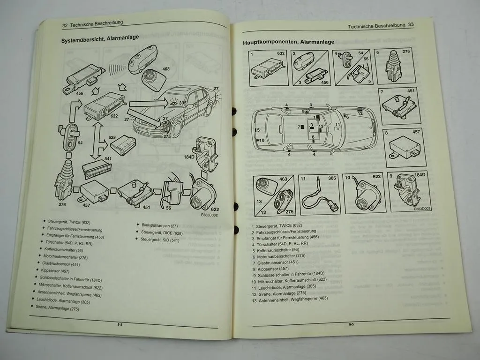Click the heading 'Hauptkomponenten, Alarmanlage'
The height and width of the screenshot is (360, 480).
click(288, 42)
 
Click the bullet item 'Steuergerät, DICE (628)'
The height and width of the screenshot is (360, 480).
click(162, 232)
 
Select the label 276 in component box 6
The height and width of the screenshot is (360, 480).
click(406, 51)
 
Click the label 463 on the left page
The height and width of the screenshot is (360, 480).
click(165, 69)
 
